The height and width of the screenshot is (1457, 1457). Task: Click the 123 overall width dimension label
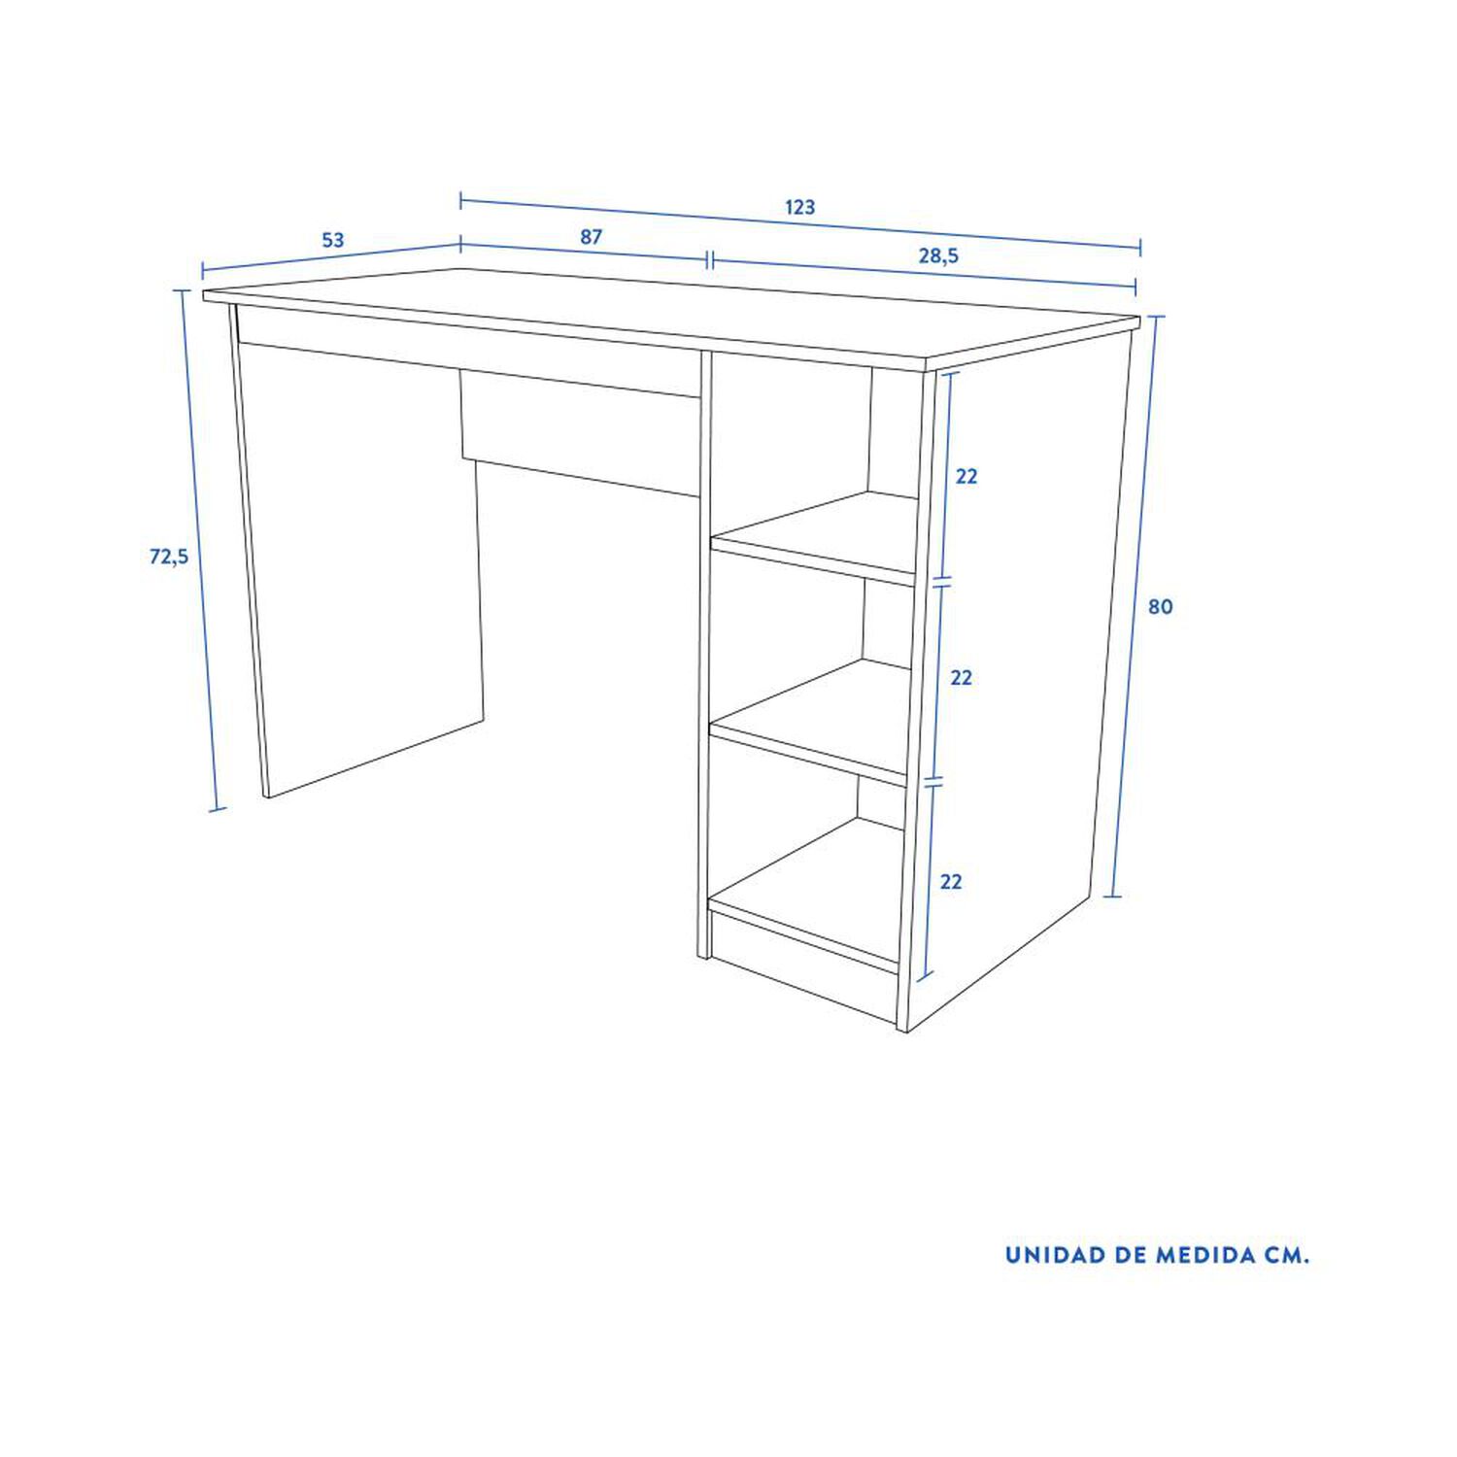(800, 207)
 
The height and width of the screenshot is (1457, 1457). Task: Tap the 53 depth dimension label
(333, 240)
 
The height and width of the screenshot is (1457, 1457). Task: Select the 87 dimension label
(592, 236)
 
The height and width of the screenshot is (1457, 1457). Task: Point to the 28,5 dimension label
(939, 255)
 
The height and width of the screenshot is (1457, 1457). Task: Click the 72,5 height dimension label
(169, 557)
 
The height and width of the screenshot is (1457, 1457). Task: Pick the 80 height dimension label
(1161, 607)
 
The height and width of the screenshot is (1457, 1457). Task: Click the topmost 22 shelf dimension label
(966, 477)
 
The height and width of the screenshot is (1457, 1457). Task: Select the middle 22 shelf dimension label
(961, 678)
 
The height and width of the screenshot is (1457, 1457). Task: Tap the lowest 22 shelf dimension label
(951, 882)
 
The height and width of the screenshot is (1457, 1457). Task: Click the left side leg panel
(359, 573)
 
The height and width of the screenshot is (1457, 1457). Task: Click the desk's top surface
(670, 316)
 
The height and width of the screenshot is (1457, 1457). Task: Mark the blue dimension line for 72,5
(199, 550)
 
